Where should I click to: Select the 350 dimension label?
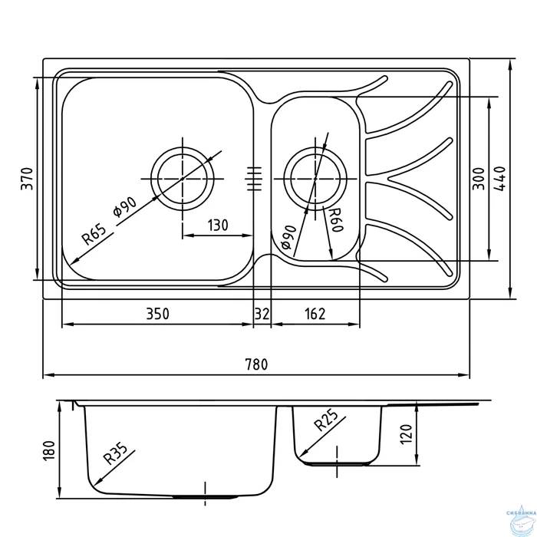(156, 313)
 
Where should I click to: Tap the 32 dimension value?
(262, 313)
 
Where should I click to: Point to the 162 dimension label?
(315, 313)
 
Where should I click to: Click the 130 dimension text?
(218, 226)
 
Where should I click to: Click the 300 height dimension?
(478, 178)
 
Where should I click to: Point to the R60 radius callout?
(334, 220)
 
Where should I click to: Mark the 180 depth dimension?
(48, 450)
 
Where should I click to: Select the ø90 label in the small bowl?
(289, 237)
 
